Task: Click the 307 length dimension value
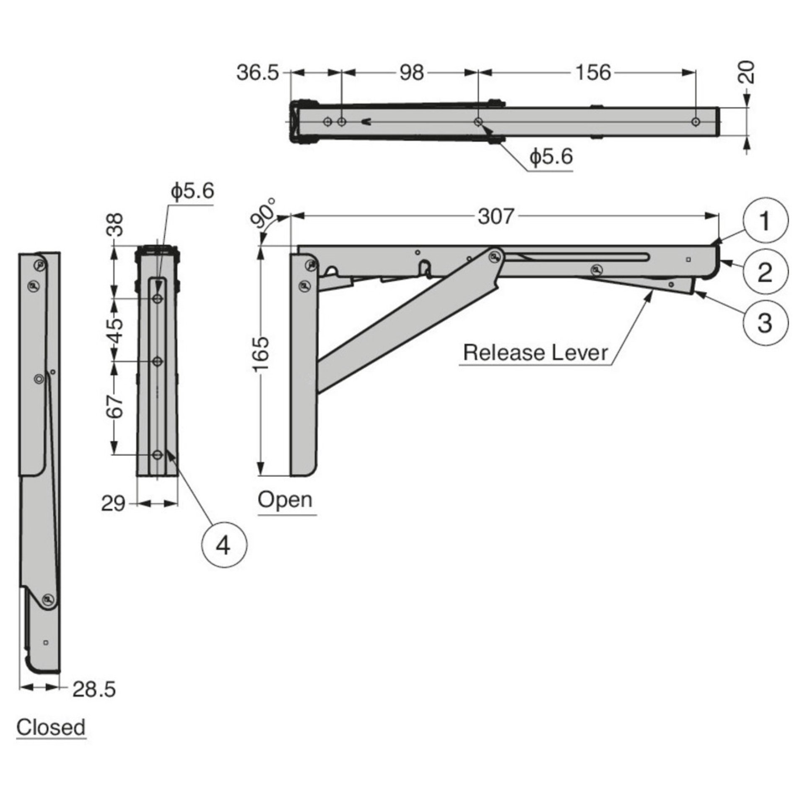tap(496, 217)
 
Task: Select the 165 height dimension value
tap(262, 353)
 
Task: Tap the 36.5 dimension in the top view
tap(257, 73)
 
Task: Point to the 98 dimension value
tap(411, 73)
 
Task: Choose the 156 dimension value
tap(593, 73)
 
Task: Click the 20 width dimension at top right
tap(746, 73)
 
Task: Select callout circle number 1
tap(765, 221)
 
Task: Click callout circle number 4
tap(224, 546)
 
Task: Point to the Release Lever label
tap(535, 353)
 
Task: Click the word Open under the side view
tap(285, 500)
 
